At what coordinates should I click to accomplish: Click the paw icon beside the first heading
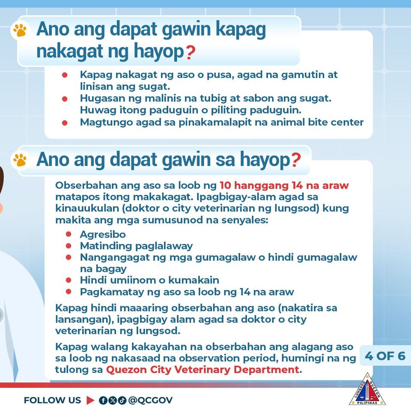[20, 30]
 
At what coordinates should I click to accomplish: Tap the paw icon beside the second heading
[20, 160]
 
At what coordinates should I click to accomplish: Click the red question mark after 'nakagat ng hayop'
[191, 52]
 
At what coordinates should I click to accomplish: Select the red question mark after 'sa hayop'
[296, 160]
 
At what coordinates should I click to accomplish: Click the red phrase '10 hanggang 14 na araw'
[284, 185]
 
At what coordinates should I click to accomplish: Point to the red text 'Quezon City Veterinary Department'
[203, 369]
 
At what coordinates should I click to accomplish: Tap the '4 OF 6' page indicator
[385, 356]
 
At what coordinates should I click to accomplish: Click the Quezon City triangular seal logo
[367, 390]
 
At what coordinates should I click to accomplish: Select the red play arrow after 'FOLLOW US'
[90, 400]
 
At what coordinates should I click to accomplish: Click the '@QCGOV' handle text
[150, 400]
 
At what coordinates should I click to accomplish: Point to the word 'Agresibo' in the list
[103, 234]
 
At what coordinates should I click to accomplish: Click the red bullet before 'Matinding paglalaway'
[68, 246]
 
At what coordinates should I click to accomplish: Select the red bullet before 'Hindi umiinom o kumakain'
[68, 280]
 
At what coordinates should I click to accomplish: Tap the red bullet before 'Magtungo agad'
[65, 123]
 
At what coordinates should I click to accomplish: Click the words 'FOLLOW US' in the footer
[52, 400]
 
